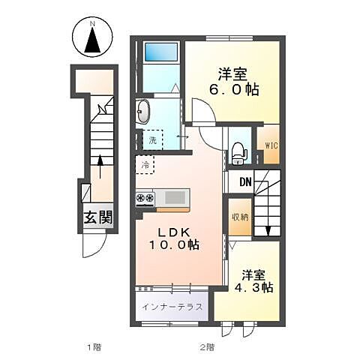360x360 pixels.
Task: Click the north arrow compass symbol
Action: [92, 37]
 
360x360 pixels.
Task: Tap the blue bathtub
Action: [161, 52]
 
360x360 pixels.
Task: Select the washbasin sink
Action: [142, 112]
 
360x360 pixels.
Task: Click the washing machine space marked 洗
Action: [152, 140]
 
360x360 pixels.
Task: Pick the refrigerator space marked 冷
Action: [145, 164]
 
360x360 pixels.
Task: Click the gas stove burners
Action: [145, 198]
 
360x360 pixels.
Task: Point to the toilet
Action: [238, 154]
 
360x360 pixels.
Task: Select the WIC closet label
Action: [271, 145]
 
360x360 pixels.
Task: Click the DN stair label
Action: [245, 182]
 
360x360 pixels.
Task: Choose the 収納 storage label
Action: [241, 217]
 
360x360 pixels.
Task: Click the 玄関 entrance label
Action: [98, 217]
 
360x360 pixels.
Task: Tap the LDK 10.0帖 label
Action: [174, 239]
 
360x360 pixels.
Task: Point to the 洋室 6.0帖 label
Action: [233, 82]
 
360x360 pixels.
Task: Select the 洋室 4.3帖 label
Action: [253, 281]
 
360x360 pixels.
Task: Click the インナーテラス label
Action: [172, 307]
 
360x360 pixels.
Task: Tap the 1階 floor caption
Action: [94, 347]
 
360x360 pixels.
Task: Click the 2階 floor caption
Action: [207, 347]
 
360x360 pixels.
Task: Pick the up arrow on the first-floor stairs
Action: [100, 166]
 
